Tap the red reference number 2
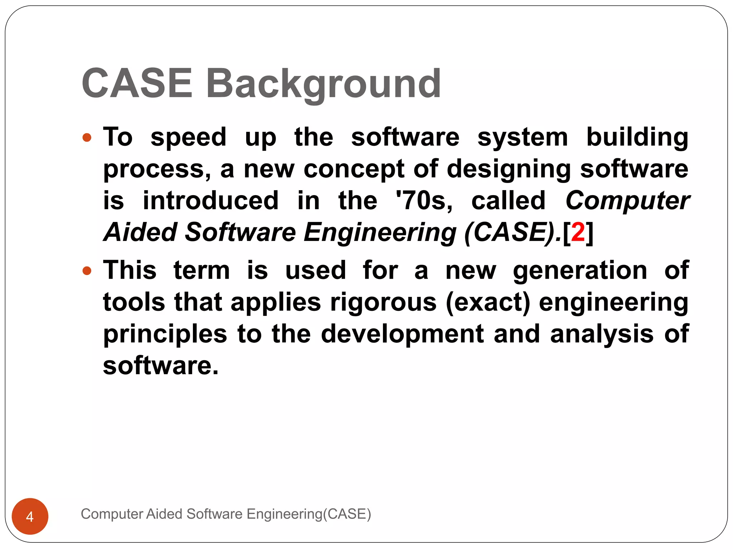coord(578,232)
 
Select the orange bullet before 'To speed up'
coord(87,137)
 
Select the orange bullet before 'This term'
coord(87,271)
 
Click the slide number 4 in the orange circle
coord(30,517)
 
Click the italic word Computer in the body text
coord(627,201)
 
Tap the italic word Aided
coord(141,232)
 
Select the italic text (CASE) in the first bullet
coord(510,232)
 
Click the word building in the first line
coord(637,137)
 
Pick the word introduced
coord(210,201)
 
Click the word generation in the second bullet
coord(580,271)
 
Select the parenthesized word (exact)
coord(488,303)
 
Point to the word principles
coord(165,334)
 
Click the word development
coord(402,334)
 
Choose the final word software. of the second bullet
coord(160,366)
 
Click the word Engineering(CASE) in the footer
coord(309,514)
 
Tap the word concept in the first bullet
coord(354,169)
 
